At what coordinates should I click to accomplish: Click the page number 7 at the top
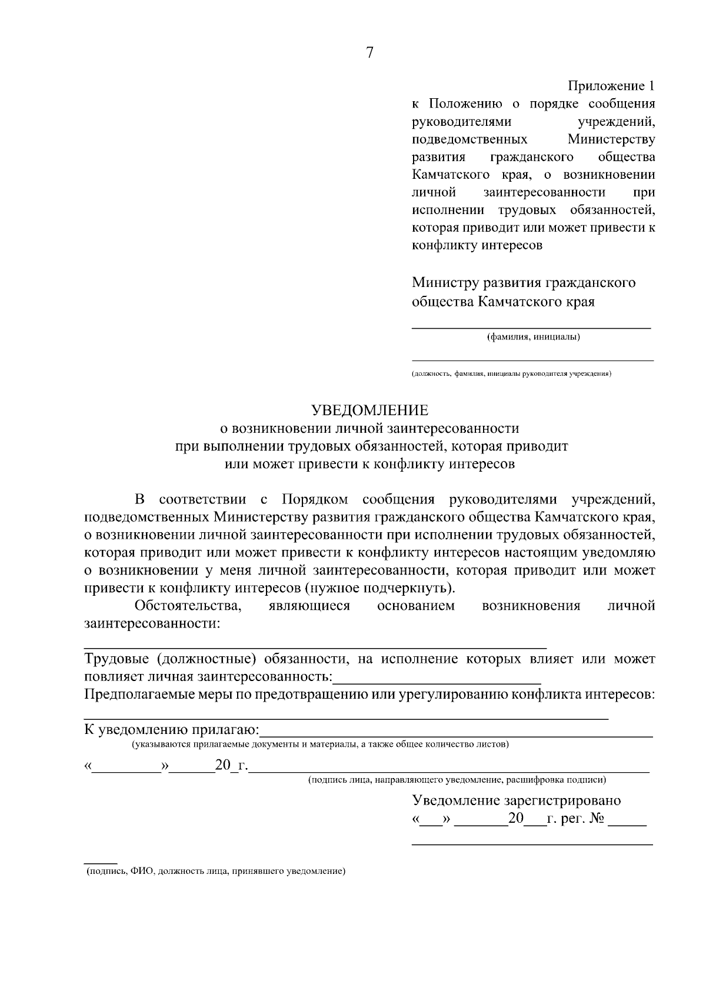coord(369,53)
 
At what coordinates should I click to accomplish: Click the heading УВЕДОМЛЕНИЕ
coord(369,410)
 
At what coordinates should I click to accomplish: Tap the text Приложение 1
coord(611,86)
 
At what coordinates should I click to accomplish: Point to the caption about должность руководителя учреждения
coord(511,373)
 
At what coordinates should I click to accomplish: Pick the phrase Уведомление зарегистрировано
coord(516,800)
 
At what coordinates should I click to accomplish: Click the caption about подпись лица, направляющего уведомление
coord(457,780)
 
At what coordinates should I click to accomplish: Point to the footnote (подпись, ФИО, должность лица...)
coord(215,871)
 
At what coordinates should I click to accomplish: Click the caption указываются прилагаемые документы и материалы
coord(320,745)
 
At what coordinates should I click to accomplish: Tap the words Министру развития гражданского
coord(523,282)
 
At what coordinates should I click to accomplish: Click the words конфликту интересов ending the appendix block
coord(477,245)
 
